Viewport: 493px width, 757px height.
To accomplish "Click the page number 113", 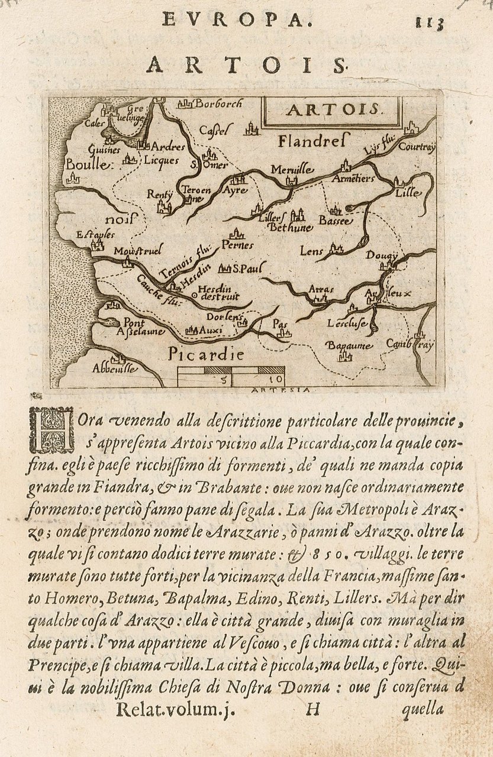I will pyautogui.click(x=430, y=24).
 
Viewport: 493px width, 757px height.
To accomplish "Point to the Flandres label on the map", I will pyautogui.click(x=314, y=141).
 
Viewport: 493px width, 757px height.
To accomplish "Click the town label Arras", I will pyautogui.click(x=322, y=290).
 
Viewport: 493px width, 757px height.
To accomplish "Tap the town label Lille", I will pyautogui.click(x=408, y=193).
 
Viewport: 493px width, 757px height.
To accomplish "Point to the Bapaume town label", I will pyautogui.click(x=349, y=345).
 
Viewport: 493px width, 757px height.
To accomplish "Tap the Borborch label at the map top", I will pyautogui.click(x=218, y=104).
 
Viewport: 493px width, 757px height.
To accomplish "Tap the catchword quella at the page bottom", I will pyautogui.click(x=423, y=709).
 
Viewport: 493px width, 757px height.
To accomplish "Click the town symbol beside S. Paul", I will pyautogui.click(x=224, y=269).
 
